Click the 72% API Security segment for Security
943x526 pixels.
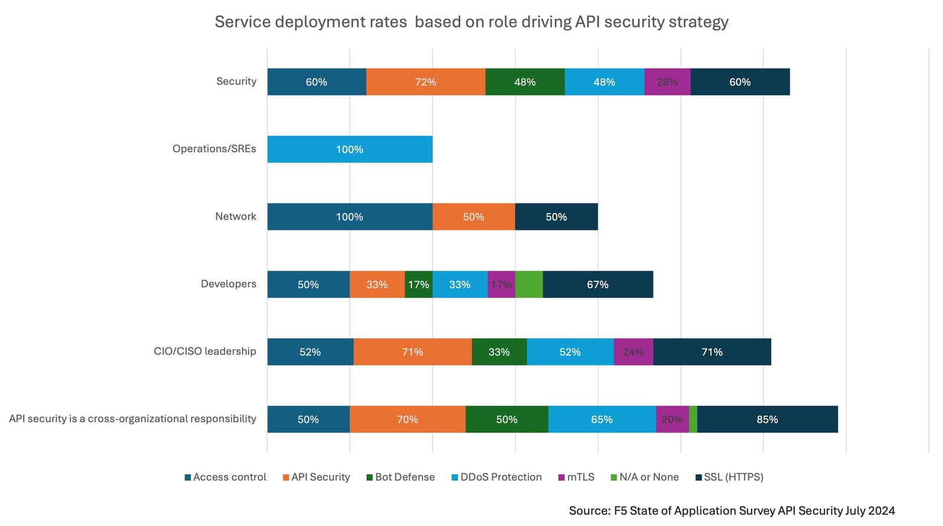(x=426, y=82)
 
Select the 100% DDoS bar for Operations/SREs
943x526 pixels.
(x=349, y=149)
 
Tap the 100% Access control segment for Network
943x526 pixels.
(x=349, y=217)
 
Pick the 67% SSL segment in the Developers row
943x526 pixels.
(x=598, y=284)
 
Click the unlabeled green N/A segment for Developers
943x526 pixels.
(x=529, y=284)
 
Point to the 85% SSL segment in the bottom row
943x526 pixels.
(x=767, y=419)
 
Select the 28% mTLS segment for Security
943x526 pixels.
(x=667, y=82)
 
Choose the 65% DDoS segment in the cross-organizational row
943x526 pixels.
(x=602, y=419)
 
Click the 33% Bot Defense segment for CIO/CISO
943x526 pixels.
(x=499, y=352)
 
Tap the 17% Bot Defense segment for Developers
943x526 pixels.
(x=418, y=284)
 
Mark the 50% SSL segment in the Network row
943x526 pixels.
(x=556, y=217)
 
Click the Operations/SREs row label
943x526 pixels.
(x=214, y=149)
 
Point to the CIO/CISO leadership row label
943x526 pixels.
(x=205, y=351)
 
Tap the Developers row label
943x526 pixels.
(x=228, y=284)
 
